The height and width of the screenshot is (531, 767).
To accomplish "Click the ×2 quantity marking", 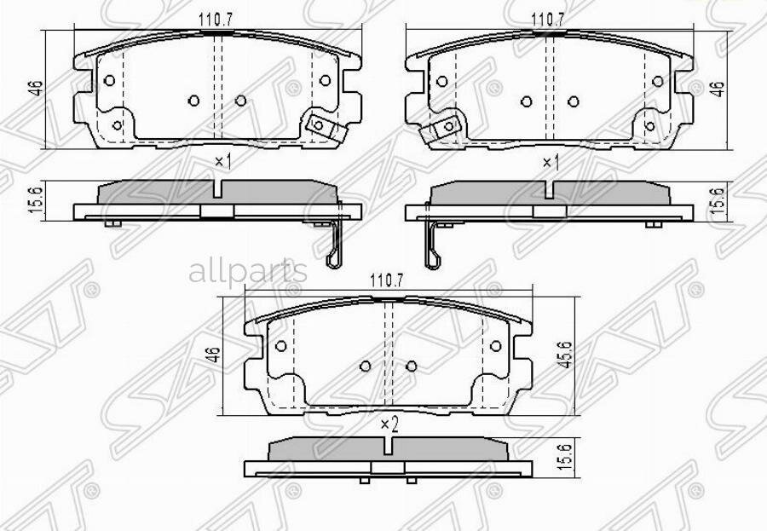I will coord(389,423).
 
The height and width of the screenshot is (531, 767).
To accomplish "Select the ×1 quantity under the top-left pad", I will coord(222,160).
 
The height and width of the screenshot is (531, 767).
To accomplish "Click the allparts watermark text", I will coord(247,273).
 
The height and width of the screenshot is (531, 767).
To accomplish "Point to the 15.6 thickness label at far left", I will coord(35,201).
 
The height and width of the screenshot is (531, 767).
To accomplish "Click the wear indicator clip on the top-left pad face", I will coord(321,126).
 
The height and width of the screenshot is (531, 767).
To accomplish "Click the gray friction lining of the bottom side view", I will coord(389,450).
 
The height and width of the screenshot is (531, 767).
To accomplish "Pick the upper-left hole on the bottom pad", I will coord(281,346).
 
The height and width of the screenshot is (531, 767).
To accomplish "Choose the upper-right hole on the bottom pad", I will coord(494,346).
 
